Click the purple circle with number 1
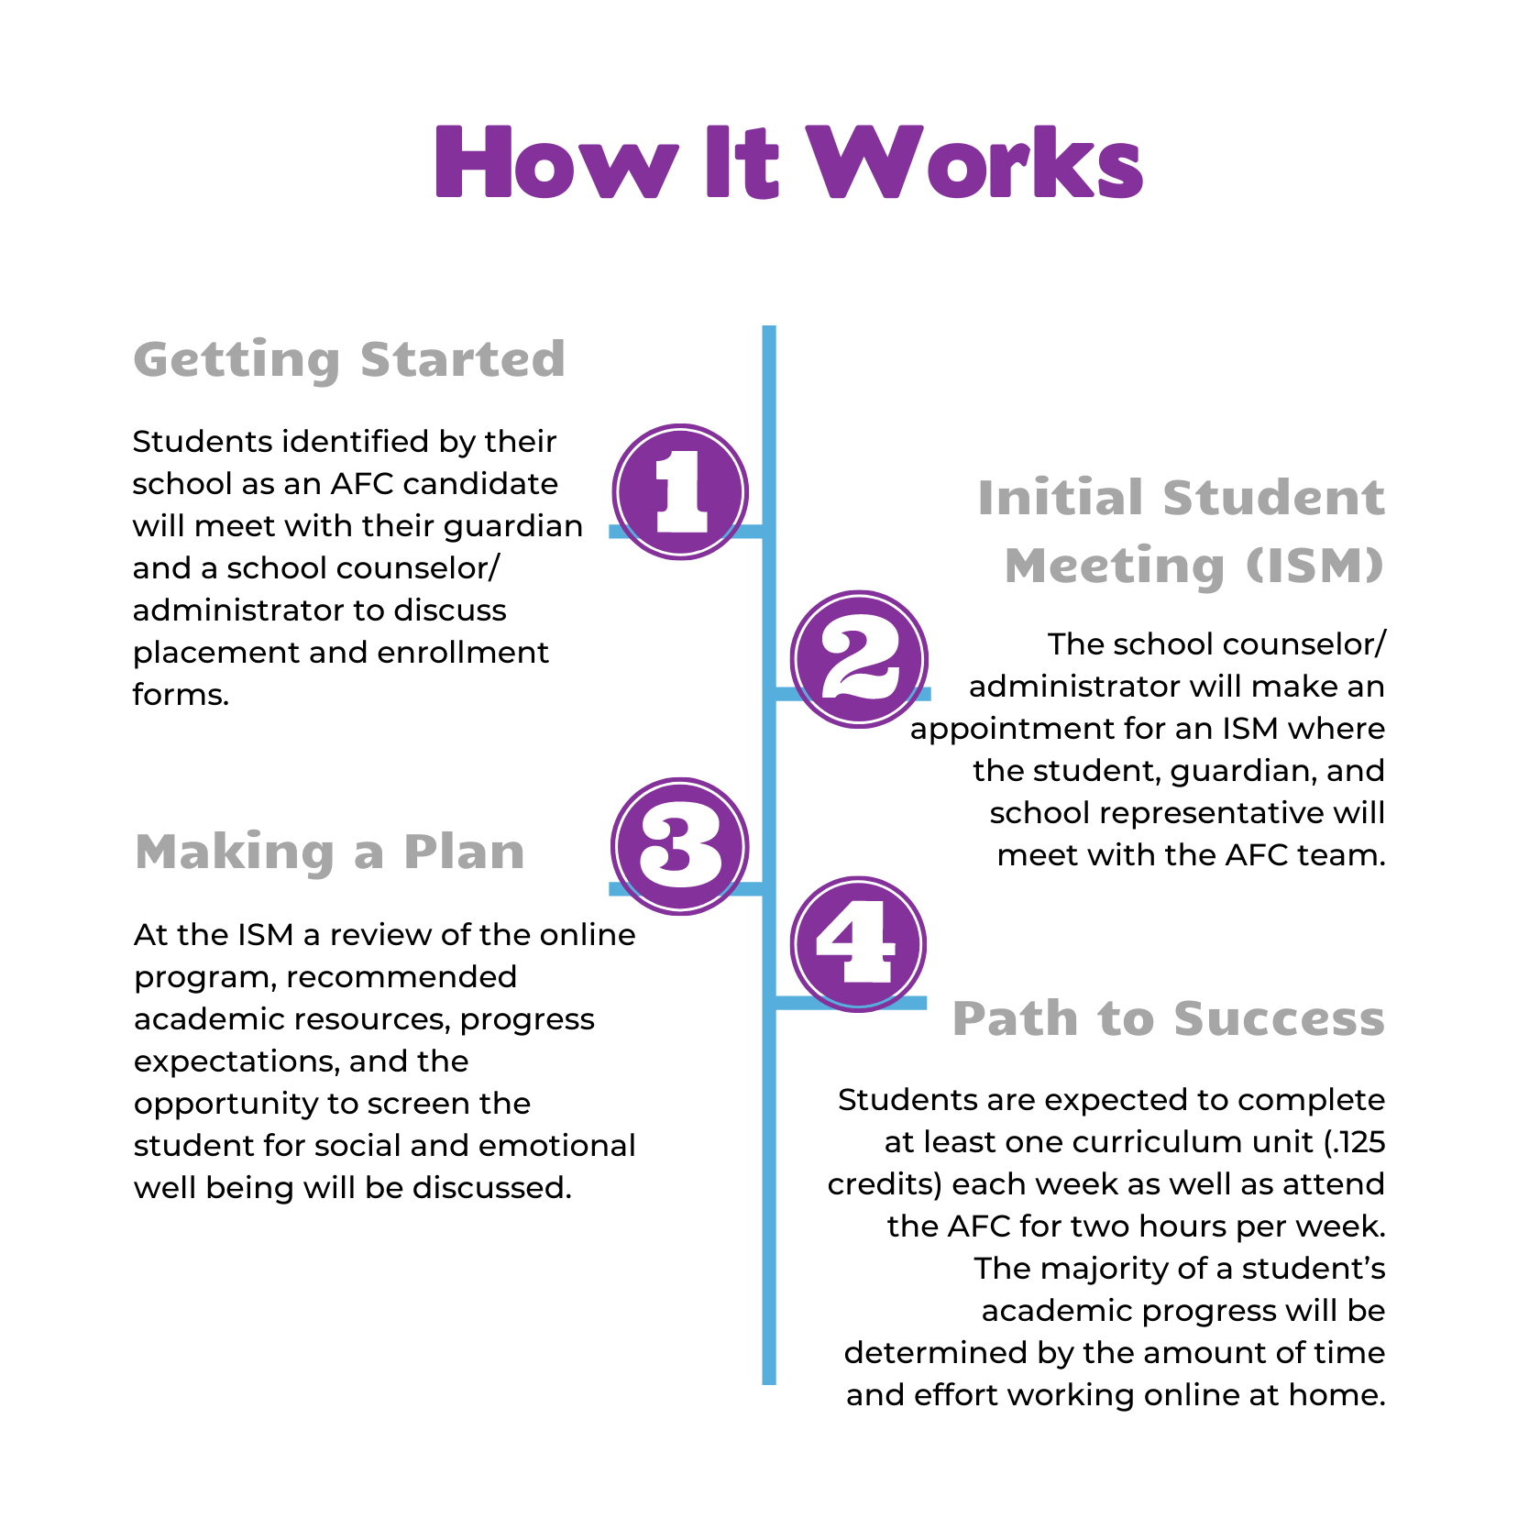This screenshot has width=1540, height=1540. click(680, 492)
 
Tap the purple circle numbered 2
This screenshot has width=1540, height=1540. click(859, 659)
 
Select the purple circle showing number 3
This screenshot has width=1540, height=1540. click(680, 846)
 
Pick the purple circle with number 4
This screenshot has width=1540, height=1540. click(859, 944)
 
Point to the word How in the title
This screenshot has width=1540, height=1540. click(556, 162)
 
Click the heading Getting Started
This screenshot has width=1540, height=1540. click(349, 359)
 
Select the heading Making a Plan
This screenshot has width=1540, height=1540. click(330, 852)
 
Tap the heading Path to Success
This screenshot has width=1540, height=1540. click(1169, 1018)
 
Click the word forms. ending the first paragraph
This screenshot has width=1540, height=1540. click(181, 694)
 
